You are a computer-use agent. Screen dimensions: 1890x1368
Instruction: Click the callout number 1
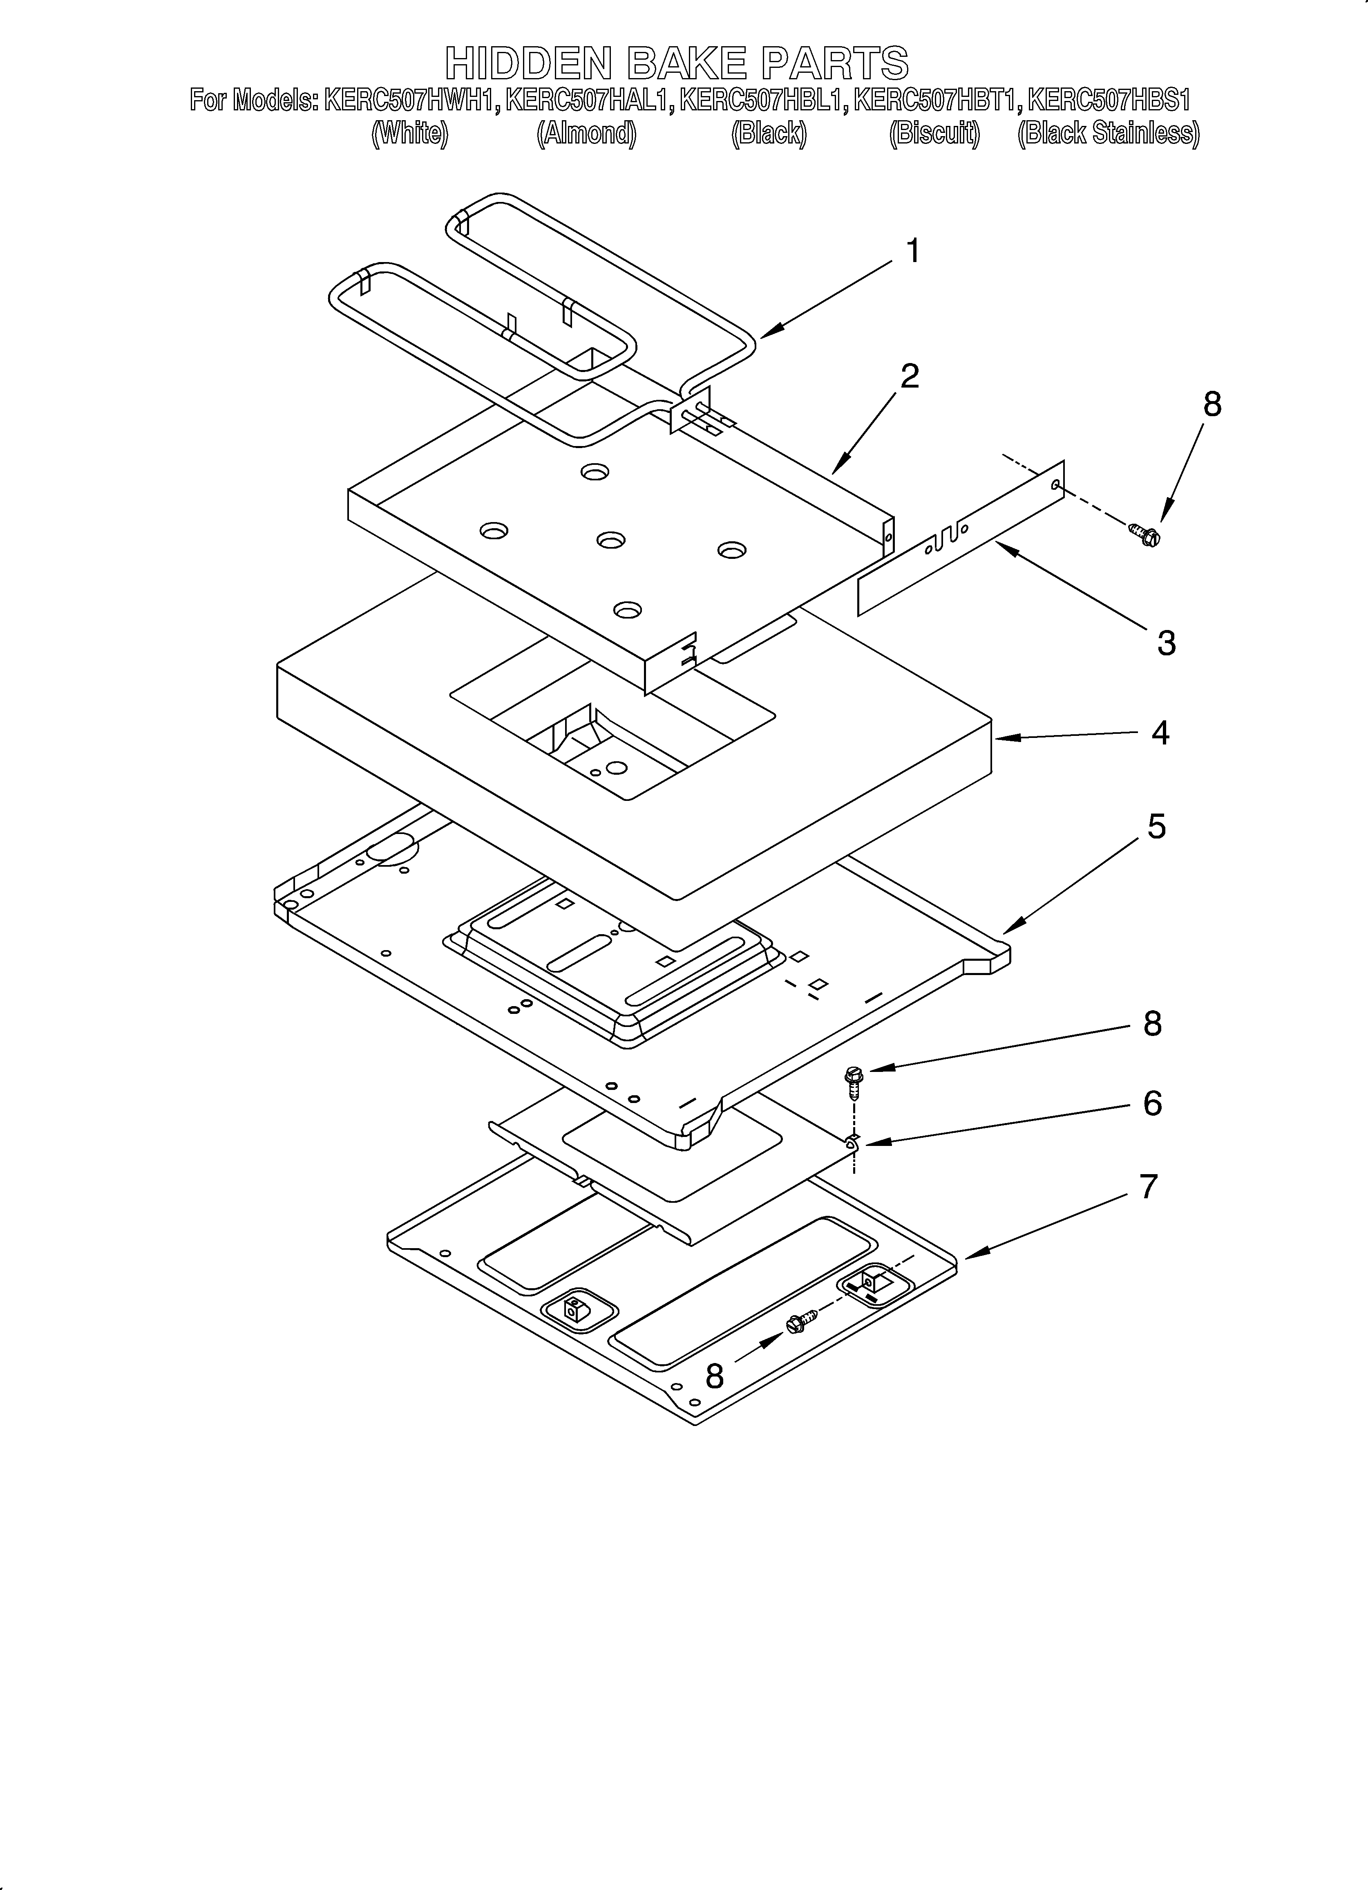point(913,251)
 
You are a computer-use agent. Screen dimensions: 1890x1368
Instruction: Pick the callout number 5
point(1156,827)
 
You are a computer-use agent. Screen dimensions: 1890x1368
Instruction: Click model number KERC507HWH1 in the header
point(412,101)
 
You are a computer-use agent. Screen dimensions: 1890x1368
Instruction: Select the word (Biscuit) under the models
point(934,133)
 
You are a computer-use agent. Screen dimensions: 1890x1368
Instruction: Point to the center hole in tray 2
point(611,540)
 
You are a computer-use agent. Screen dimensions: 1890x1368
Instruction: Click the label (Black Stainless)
point(1108,133)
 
